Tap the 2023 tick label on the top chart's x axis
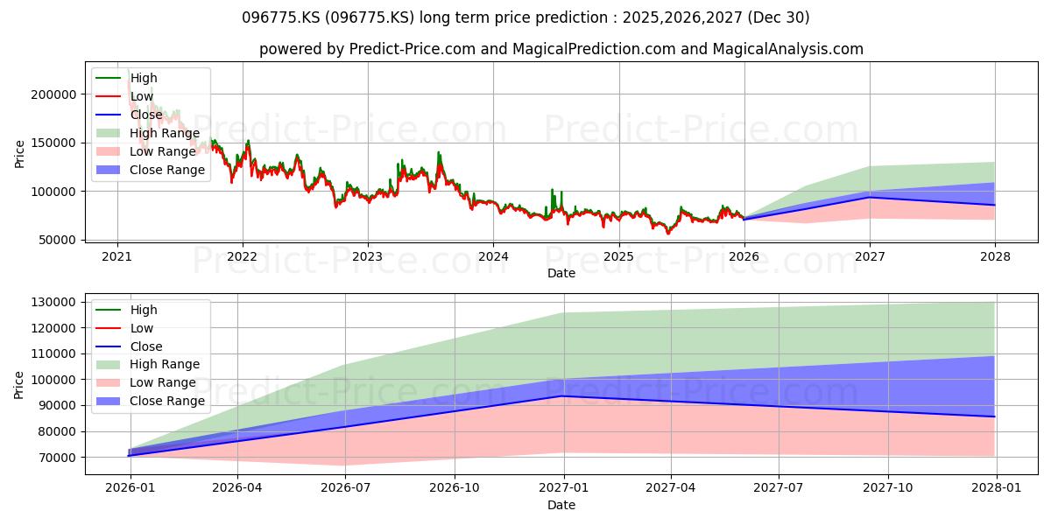pyautogui.click(x=368, y=256)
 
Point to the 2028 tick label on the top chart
pyautogui.click(x=995, y=256)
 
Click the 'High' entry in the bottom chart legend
pyautogui.click(x=143, y=310)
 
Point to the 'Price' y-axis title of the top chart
pyautogui.click(x=19, y=155)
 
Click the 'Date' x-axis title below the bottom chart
pyautogui.click(x=561, y=505)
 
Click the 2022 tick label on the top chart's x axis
pyautogui.click(x=243, y=256)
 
